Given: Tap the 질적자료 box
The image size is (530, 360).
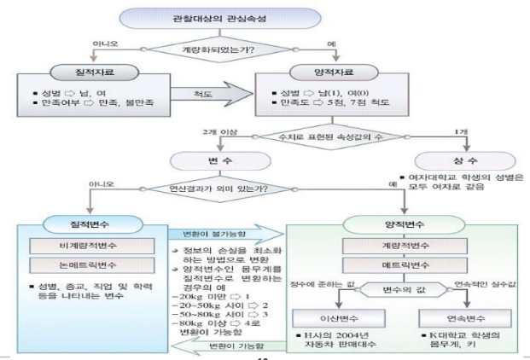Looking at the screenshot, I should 90,73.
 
